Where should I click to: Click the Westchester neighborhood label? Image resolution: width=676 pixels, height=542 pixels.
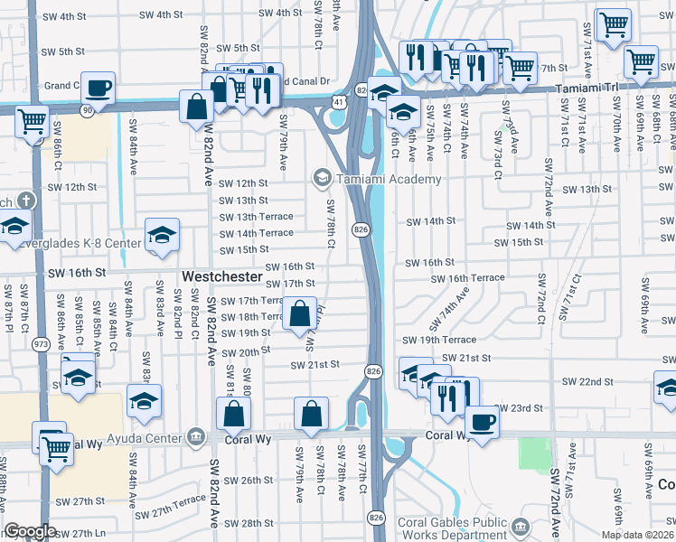point(221,275)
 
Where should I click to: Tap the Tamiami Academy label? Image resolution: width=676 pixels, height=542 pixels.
point(390,178)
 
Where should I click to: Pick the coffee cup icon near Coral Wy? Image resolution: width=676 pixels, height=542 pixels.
point(482,423)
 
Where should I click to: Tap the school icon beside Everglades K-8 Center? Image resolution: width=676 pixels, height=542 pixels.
point(161,237)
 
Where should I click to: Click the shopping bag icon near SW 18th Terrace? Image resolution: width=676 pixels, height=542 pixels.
point(299,314)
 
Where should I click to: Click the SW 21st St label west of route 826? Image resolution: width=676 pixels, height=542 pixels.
point(314,365)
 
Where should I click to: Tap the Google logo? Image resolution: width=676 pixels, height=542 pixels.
point(30,532)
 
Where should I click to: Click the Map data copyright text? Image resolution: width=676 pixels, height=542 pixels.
point(635,535)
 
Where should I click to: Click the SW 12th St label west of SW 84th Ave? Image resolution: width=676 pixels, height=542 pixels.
point(71,187)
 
